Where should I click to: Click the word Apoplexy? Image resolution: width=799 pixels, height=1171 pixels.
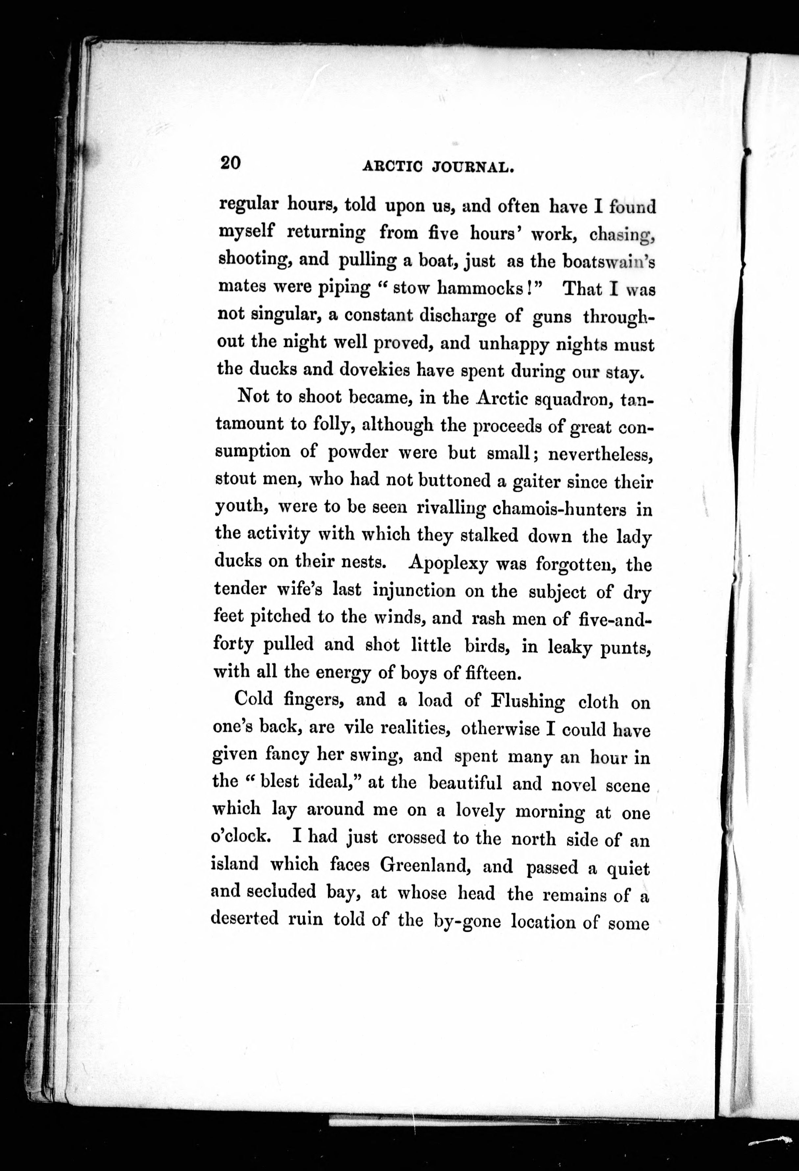(x=448, y=562)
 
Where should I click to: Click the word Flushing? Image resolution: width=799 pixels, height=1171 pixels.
(x=528, y=701)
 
